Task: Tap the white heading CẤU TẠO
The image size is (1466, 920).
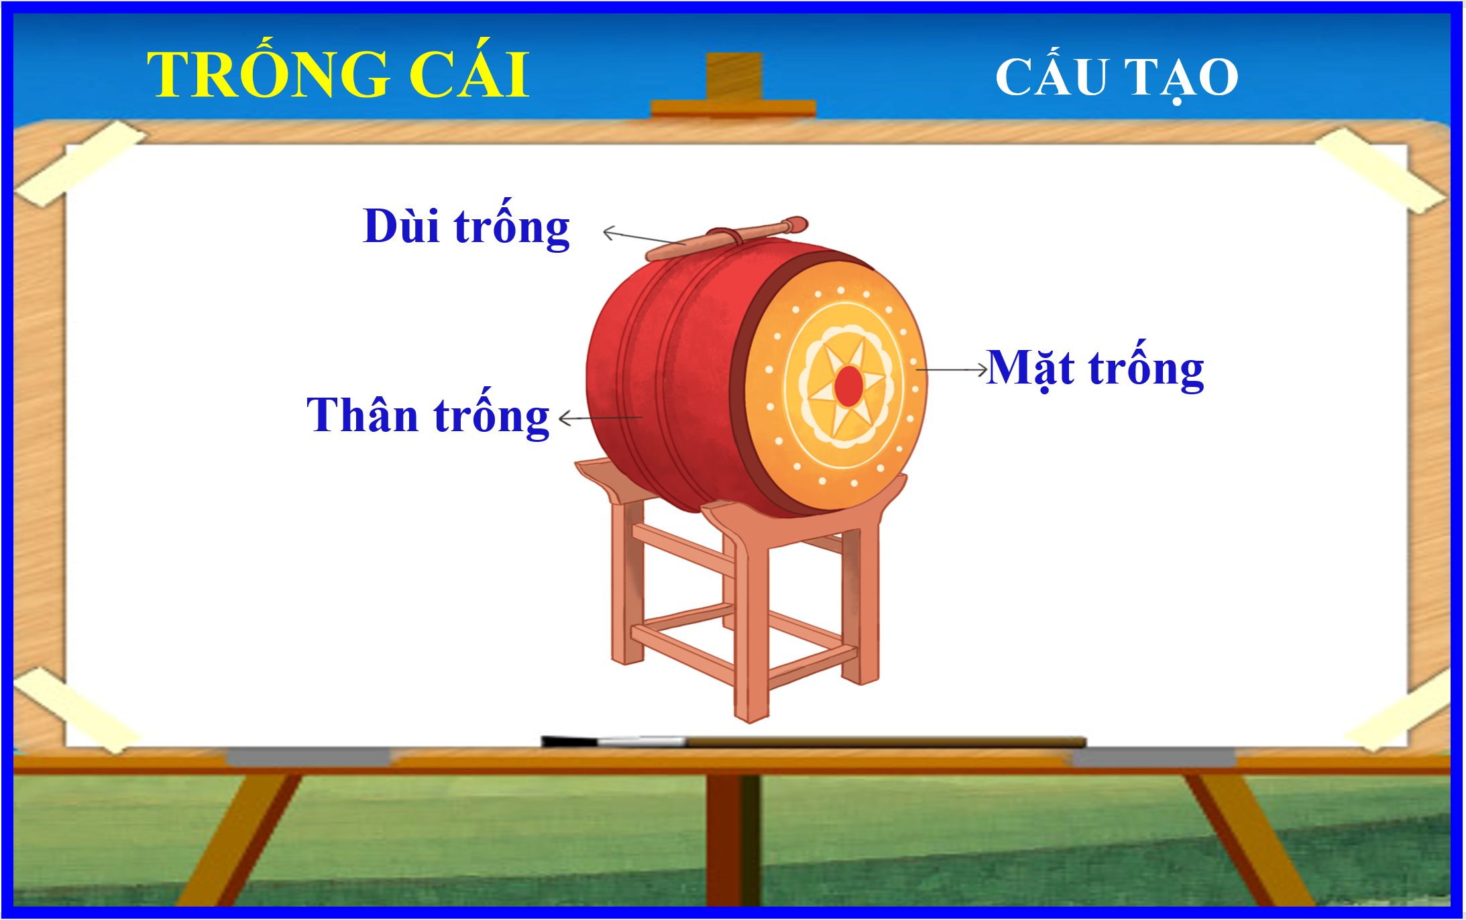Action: click(1117, 76)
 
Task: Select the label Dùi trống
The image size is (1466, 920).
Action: click(466, 226)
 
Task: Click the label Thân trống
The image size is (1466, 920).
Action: click(428, 414)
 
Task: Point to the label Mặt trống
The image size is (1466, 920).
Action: click(1095, 367)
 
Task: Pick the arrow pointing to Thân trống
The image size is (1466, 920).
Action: click(600, 418)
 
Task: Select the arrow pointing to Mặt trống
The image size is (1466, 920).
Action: click(952, 369)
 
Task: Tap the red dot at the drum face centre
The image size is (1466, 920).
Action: click(848, 386)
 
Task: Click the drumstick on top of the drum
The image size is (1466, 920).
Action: click(727, 238)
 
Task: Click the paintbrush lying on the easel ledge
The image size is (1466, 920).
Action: click(813, 742)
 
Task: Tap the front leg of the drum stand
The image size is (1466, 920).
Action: click(751, 624)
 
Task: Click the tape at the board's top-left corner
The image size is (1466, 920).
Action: click(79, 163)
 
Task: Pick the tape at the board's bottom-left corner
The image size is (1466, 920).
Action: click(75, 709)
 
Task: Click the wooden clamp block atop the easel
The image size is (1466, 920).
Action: click(734, 85)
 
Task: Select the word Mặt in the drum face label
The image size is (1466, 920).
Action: click(1031, 367)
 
